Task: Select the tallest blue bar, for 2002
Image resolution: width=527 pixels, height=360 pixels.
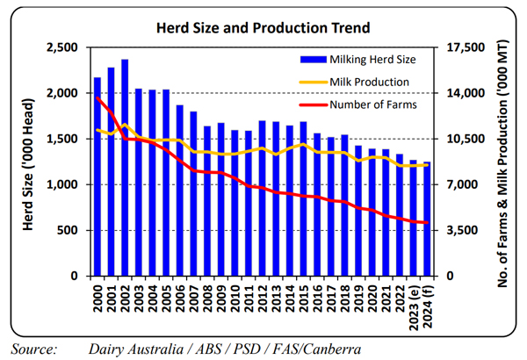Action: [x=125, y=167]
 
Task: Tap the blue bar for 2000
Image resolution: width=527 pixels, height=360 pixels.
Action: [x=97, y=176]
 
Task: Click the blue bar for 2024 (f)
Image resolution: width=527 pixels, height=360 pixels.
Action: [x=428, y=219]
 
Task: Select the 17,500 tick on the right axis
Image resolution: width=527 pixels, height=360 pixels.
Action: [x=466, y=47]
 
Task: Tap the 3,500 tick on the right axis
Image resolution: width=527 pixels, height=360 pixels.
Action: [x=462, y=230]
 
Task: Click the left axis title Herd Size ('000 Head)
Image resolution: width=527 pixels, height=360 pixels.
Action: [x=28, y=162]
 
